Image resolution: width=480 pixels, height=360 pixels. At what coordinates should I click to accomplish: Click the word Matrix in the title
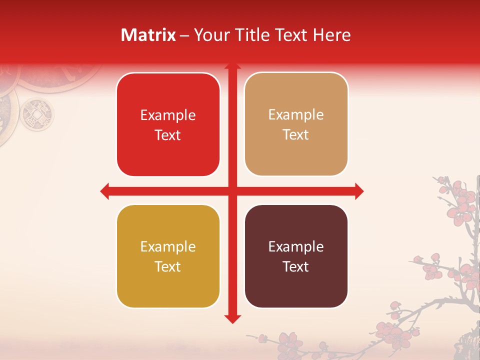tap(148, 35)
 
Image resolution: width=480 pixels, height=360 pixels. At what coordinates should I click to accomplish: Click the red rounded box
tap(168, 124)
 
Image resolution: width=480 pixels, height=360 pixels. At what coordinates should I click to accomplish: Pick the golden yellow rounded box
tap(168, 256)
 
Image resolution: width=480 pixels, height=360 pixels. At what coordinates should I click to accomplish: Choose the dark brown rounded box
tap(296, 256)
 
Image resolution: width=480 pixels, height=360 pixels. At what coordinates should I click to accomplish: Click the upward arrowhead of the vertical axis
tap(232, 66)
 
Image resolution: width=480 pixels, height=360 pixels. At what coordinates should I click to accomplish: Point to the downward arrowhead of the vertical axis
tap(232, 319)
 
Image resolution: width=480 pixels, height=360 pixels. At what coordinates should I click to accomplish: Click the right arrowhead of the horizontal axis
tap(359, 191)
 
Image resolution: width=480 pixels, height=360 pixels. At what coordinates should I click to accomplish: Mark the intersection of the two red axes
tap(232, 191)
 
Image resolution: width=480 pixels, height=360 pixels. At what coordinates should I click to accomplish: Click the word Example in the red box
tap(168, 115)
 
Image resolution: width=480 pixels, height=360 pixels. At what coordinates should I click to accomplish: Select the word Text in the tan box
tap(296, 135)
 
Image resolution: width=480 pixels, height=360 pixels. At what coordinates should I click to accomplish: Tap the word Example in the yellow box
tap(168, 247)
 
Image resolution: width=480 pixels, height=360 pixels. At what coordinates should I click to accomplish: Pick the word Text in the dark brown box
tap(296, 267)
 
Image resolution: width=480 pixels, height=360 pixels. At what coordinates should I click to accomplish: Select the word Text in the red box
tap(168, 135)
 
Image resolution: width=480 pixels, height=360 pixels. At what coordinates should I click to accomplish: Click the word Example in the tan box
tap(296, 115)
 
